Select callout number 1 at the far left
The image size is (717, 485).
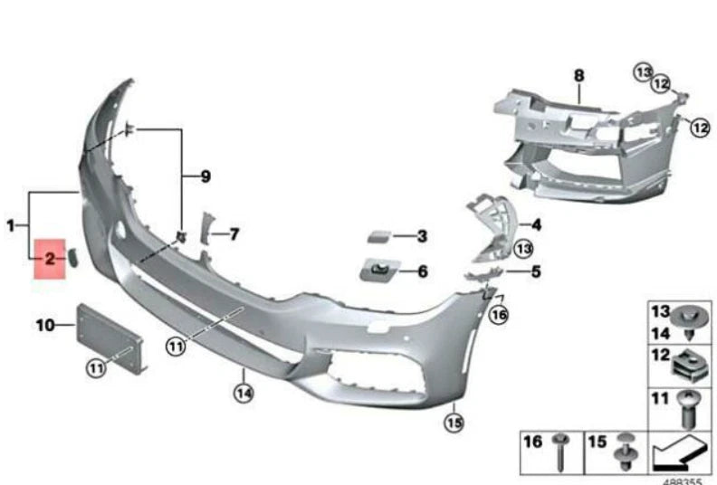pyautogui.click(x=11, y=224)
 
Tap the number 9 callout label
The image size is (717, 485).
pyautogui.click(x=206, y=176)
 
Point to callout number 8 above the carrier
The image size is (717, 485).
pyautogui.click(x=579, y=76)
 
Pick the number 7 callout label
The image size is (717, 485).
pyautogui.click(x=234, y=235)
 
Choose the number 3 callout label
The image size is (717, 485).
pyautogui.click(x=421, y=237)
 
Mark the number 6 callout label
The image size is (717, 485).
pyautogui.click(x=422, y=271)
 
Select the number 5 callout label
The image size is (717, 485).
pyautogui.click(x=535, y=271)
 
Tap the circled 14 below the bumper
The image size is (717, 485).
pyautogui.click(x=242, y=392)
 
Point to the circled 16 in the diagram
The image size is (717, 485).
pyautogui.click(x=499, y=315)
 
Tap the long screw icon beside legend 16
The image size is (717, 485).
pyautogui.click(x=561, y=451)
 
